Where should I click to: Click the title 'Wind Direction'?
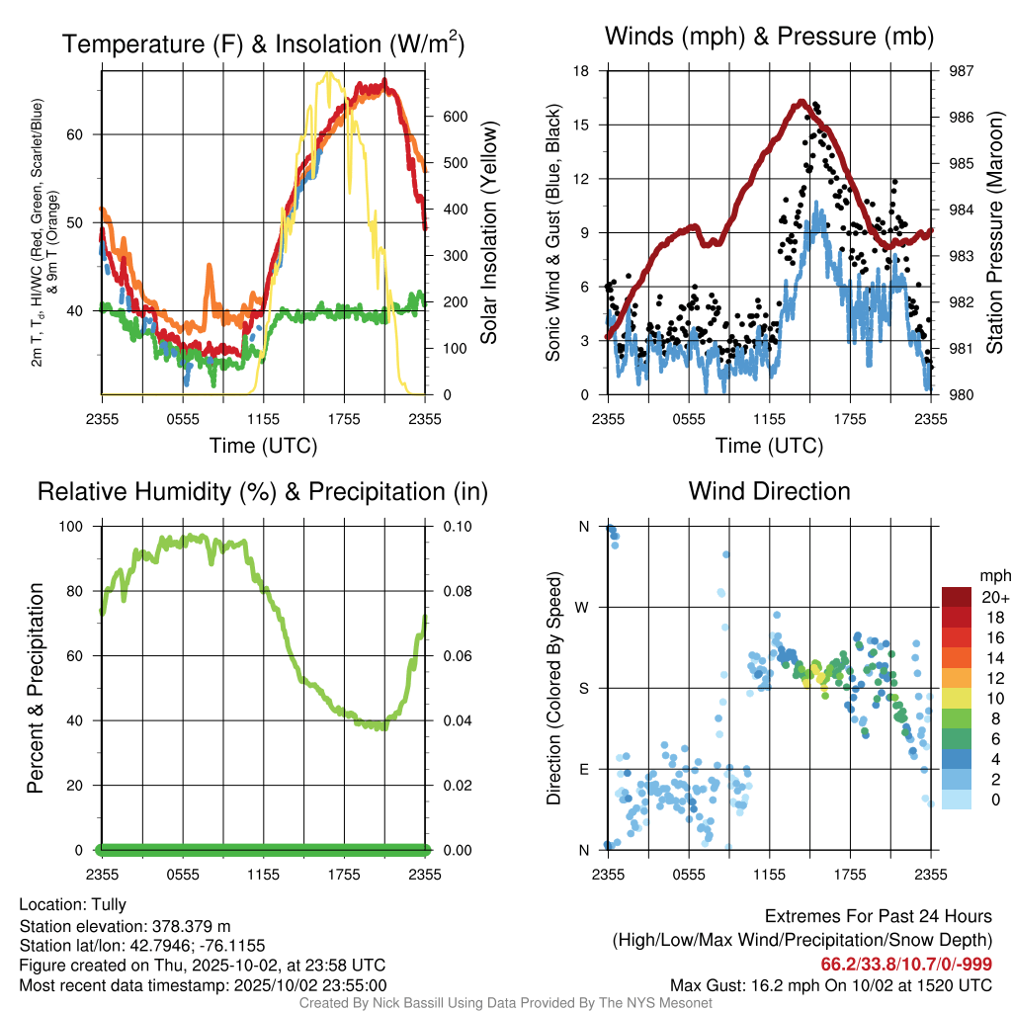[x=769, y=491]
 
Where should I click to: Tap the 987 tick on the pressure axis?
[x=954, y=71]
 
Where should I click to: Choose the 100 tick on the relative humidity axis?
[x=73, y=527]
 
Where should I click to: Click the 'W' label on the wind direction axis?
[x=583, y=608]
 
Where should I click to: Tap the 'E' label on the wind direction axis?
[x=583, y=769]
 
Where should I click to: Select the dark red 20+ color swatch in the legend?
[x=957, y=597]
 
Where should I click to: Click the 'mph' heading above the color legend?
[x=992, y=574]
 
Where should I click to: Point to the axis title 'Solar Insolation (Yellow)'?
[x=489, y=233]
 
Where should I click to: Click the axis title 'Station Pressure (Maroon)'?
[x=995, y=233]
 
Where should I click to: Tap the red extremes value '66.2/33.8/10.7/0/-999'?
[x=906, y=965]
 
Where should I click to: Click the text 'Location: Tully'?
[x=73, y=904]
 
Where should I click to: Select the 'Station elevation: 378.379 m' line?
[x=125, y=926]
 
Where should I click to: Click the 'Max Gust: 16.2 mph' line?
[x=831, y=985]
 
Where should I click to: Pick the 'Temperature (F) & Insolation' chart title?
[x=263, y=43]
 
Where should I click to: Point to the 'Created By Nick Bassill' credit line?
[x=505, y=1003]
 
